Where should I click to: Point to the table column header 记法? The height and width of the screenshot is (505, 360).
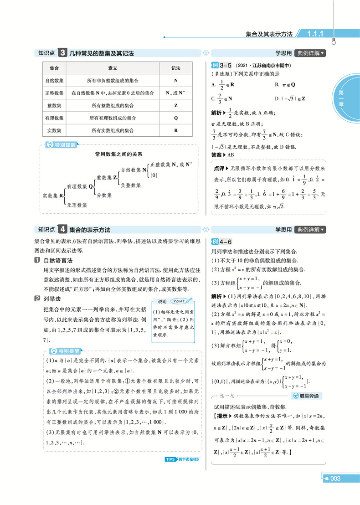(175, 68)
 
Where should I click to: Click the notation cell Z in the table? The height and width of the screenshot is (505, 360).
(175, 105)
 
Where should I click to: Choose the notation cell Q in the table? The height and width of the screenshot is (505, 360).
(175, 118)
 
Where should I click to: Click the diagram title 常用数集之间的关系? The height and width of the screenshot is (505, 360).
(118, 154)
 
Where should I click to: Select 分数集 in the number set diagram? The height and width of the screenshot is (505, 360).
(104, 195)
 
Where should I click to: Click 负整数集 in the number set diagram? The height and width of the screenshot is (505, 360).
(133, 185)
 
